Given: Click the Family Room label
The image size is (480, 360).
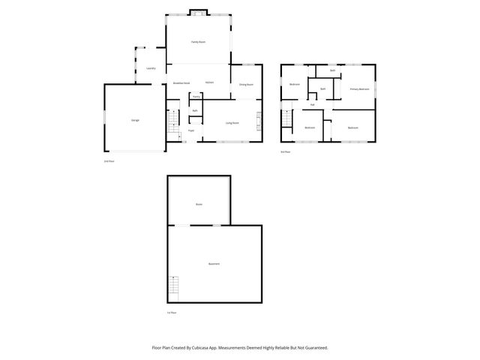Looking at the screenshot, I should click(198, 42).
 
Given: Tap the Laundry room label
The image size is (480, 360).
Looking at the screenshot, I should click(151, 68).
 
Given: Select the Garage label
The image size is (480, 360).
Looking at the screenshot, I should click(135, 120).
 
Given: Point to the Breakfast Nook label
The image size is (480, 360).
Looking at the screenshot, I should click(181, 82).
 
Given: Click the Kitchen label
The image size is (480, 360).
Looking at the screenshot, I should click(210, 82).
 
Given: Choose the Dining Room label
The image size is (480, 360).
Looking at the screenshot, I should click(246, 85).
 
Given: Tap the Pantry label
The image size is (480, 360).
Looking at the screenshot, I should click(196, 97).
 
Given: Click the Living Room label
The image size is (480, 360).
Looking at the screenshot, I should click(232, 122).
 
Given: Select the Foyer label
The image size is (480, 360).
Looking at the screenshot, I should click(191, 130).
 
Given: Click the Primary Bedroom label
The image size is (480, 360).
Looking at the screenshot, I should click(359, 89).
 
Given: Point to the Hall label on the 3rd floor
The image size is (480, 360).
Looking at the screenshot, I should click(312, 104).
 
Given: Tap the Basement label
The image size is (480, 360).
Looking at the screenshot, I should click(214, 263).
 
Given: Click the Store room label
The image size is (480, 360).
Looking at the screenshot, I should click(199, 204).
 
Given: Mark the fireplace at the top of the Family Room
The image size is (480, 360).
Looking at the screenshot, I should click(199, 11).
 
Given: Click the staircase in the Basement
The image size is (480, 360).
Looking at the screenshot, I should click(175, 286).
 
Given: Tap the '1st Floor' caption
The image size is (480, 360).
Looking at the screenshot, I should click(171, 312).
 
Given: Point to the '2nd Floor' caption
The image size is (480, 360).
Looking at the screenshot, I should click(109, 161).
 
